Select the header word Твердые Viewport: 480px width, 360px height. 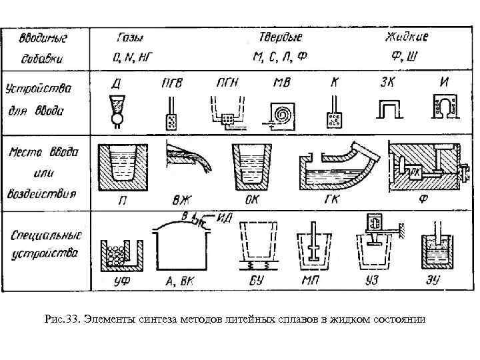[278, 37]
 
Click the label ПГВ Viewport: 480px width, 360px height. [171, 83]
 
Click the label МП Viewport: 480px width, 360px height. [310, 282]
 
